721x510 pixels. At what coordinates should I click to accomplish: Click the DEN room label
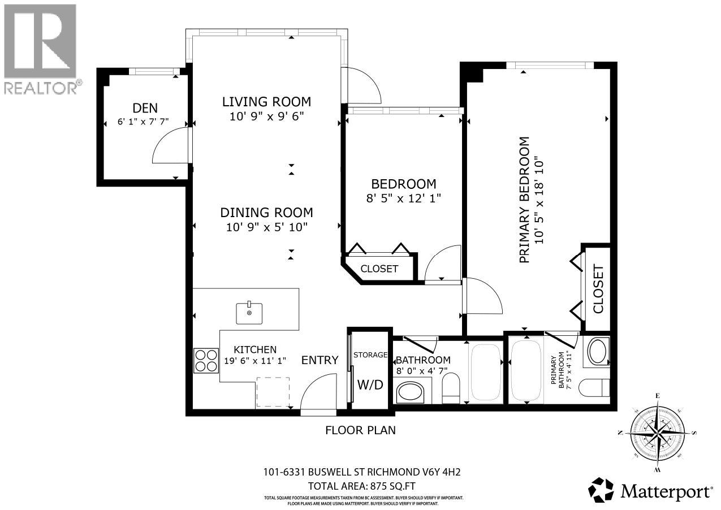point(145,107)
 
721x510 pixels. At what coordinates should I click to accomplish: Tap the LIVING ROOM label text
point(266,102)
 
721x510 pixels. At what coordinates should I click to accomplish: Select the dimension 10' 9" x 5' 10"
point(266,227)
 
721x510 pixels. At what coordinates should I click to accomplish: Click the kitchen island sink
point(249,313)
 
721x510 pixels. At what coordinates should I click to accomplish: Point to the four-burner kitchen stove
point(206,360)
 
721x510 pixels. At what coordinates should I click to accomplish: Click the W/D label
point(370,384)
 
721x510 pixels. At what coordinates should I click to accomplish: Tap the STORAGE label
point(370,355)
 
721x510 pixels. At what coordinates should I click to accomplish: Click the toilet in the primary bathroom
point(598,388)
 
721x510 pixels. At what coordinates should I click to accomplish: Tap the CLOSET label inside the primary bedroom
point(598,289)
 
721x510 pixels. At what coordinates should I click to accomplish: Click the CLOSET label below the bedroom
point(379,269)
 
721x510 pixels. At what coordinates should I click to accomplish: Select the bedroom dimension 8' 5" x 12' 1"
point(403,198)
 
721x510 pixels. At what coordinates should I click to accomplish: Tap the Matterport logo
point(650,490)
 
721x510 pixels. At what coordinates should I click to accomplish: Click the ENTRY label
point(320,360)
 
